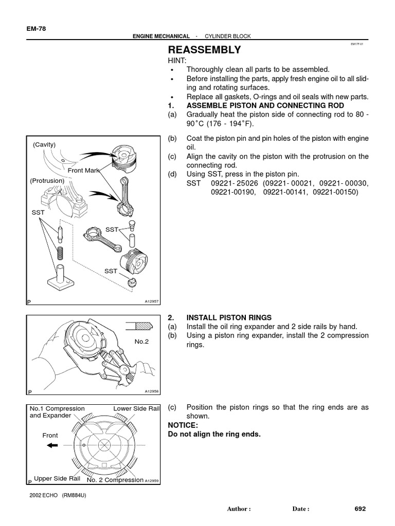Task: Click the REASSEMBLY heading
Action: point(204,50)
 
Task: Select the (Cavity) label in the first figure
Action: point(44,144)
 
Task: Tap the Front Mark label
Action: point(83,170)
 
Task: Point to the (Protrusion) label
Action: point(47,181)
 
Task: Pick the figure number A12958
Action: point(152,391)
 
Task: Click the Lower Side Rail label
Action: point(137,408)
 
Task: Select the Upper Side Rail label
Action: point(57,479)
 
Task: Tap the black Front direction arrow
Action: point(52,446)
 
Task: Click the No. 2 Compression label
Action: point(115,480)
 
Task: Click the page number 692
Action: point(360,509)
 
